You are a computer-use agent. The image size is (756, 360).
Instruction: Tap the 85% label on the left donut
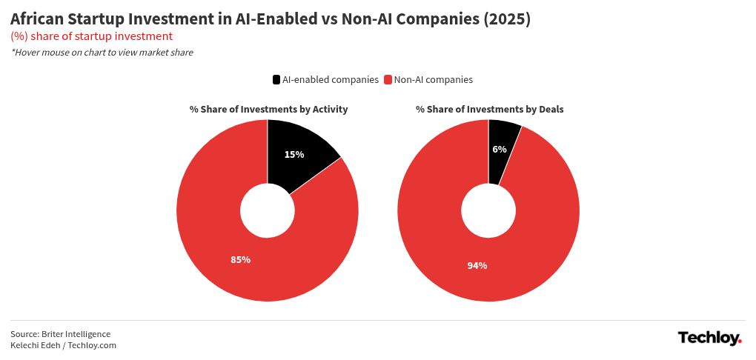pos(241,260)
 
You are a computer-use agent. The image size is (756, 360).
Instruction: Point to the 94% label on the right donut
pos(477,266)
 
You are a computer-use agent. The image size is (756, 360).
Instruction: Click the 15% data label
pos(294,155)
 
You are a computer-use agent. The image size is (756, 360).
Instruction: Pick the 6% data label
pos(500,150)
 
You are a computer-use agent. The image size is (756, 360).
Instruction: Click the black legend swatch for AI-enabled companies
pos(276,80)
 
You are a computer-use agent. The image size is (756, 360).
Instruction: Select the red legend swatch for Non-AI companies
pos(388,80)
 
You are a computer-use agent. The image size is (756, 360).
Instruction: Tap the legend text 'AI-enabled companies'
pos(331,80)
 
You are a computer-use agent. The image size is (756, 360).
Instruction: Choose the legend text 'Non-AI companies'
pos(433,80)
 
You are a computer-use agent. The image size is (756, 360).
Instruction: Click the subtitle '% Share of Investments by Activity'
pos(268,110)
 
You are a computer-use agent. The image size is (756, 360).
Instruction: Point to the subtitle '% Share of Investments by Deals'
pos(489,110)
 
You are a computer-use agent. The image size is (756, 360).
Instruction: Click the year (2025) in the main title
pos(507,20)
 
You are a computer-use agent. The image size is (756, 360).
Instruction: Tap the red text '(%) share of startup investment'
pos(92,36)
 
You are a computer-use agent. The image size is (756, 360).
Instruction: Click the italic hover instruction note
pos(102,53)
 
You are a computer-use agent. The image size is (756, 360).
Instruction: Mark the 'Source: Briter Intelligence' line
pos(61,334)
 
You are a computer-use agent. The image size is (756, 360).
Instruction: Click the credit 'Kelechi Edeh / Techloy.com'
pos(64,345)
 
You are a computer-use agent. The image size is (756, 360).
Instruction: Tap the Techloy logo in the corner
pos(709,339)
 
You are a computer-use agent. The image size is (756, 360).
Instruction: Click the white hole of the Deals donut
pos(488,211)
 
